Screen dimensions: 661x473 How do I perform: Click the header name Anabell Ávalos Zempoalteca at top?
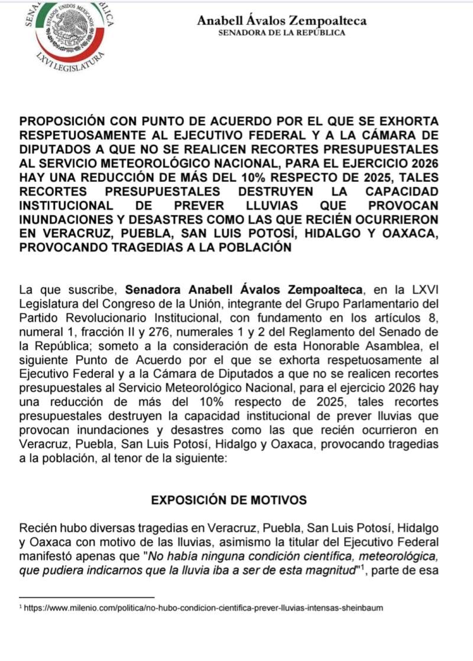click(281, 21)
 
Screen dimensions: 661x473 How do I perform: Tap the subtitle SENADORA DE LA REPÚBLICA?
click(281, 33)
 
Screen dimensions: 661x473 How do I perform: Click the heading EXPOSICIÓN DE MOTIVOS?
click(229, 500)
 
